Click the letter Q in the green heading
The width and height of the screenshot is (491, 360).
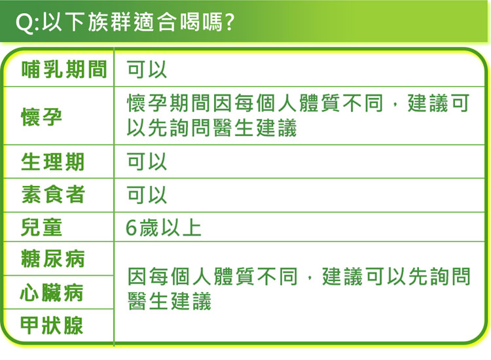pos(24,22)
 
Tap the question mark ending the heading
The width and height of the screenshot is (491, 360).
pos(229,22)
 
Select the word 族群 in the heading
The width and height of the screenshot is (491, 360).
pos(109,22)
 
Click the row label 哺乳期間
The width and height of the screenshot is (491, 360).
pos(65,69)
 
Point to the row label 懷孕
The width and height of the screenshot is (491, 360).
pos(41,117)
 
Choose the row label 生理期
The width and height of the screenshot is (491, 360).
pos(52,162)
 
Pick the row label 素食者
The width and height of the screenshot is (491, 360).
pos(53,194)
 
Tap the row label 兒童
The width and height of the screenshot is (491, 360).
pos(41,227)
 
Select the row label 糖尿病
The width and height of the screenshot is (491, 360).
pos(53,259)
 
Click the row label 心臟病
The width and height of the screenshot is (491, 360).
pos(52,293)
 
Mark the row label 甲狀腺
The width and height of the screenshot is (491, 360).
pos(52,325)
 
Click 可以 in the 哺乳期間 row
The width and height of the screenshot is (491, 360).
pos(147,69)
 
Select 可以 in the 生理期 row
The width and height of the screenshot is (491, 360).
pos(147,162)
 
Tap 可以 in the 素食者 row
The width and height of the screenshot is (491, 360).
pos(147,194)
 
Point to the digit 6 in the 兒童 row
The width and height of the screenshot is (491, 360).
pos(132,228)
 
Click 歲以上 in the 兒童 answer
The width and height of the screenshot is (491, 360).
pos(170,228)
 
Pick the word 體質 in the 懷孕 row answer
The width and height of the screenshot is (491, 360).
pos(319,103)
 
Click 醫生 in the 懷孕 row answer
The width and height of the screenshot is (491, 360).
pos(233,128)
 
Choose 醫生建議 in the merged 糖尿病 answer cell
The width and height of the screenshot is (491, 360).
pos(170,301)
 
